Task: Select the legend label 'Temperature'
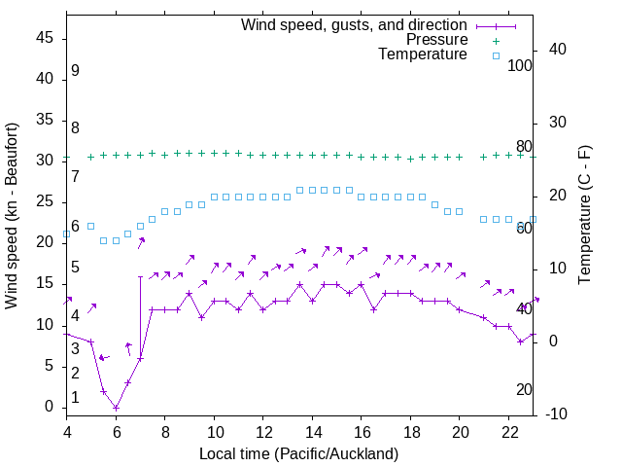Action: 423,54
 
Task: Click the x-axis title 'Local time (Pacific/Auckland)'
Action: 298,453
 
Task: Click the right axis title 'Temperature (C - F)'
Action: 584,216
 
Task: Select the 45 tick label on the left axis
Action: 45,37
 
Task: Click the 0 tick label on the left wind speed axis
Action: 50,408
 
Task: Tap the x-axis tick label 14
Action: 312,431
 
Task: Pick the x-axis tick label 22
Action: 507,431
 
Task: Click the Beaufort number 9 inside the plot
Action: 75,71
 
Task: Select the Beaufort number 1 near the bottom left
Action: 75,398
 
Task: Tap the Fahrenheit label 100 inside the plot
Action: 520,65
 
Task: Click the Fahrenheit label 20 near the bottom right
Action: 524,389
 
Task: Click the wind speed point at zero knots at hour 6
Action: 116,408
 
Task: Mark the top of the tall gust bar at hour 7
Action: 140,276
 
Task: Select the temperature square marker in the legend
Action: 495,55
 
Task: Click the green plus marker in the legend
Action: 495,40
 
